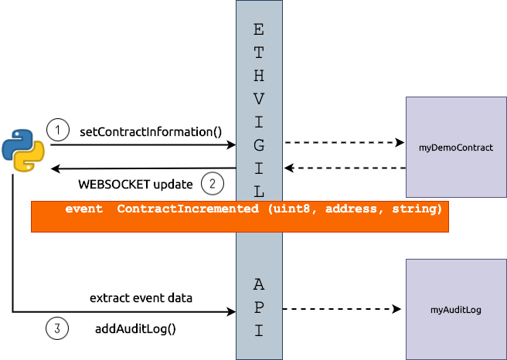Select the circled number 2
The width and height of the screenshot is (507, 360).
point(212,184)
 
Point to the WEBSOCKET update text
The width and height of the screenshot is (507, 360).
point(135,185)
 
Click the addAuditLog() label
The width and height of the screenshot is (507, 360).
point(135,328)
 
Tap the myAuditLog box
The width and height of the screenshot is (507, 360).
point(455,309)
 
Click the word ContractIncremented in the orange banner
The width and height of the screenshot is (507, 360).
point(188,209)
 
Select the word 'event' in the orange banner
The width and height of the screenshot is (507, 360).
point(83,209)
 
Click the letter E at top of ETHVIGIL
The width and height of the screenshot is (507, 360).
point(258,30)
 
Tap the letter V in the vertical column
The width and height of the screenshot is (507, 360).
point(258,100)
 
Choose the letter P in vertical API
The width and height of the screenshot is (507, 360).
point(258,307)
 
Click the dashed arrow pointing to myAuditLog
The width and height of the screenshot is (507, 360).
point(342,309)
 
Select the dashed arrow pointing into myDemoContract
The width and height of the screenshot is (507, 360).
point(344,143)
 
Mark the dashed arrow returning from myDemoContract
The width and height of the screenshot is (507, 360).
point(344,168)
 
